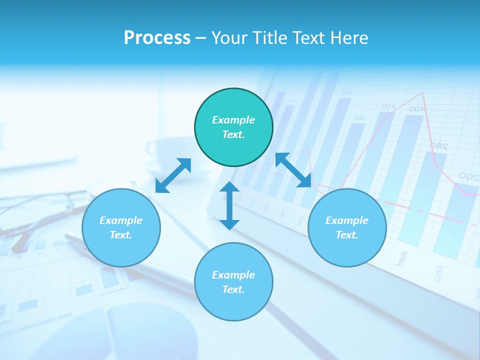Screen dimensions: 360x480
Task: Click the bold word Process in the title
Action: [x=157, y=38]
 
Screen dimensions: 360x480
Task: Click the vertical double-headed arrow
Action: [x=229, y=206]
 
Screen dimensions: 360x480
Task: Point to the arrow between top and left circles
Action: [x=173, y=175]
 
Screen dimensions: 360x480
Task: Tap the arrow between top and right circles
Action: [x=293, y=170]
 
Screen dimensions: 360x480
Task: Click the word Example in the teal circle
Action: [x=233, y=120]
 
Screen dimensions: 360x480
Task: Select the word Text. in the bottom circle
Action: [x=233, y=289]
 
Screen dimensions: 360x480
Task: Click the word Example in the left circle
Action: [x=121, y=220]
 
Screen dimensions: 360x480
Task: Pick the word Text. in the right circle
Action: [x=347, y=235]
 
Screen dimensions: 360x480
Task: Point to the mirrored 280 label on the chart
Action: [x=438, y=146]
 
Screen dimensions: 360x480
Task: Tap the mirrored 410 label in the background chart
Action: [x=388, y=106]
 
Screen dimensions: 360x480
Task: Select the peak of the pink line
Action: [x=423, y=92]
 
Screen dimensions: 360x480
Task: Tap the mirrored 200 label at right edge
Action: [x=469, y=176]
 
